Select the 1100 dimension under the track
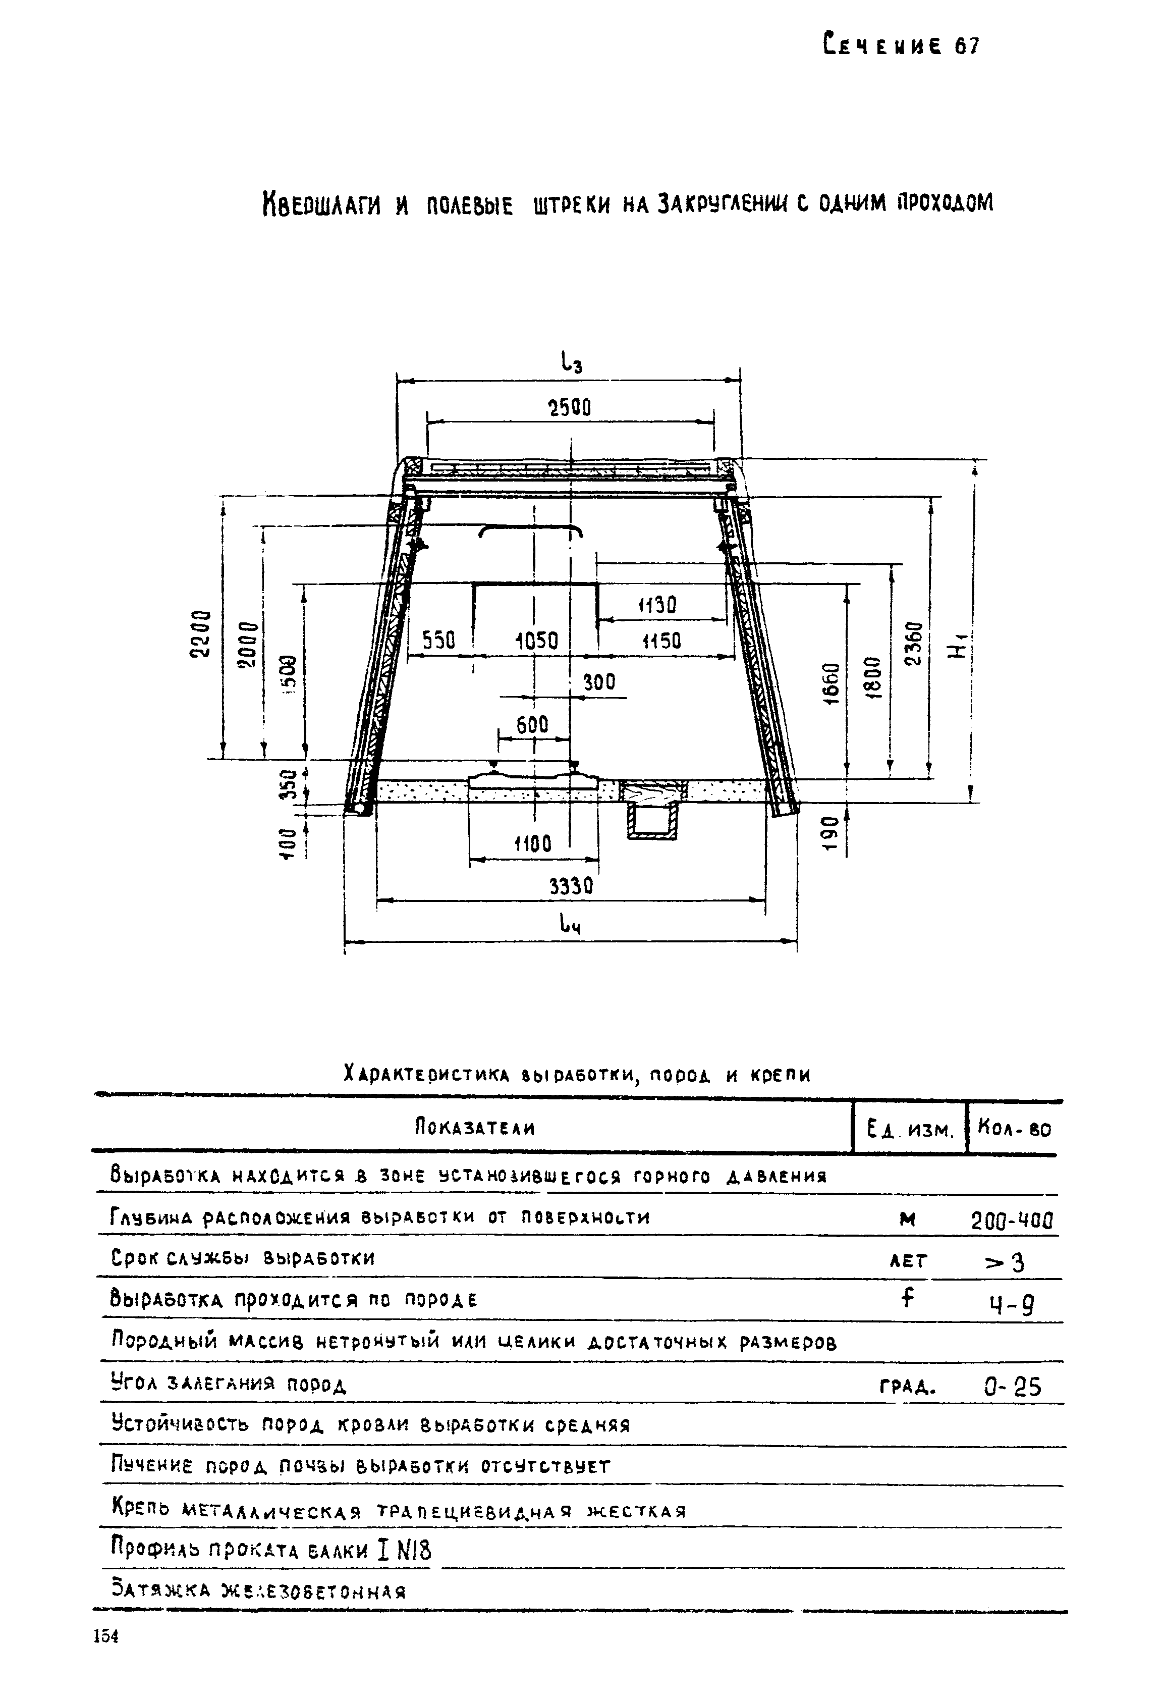(x=533, y=844)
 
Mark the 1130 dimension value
(x=658, y=605)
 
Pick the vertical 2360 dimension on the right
(x=914, y=644)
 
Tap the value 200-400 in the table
(x=1012, y=1220)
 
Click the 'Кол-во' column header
(x=1014, y=1130)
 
